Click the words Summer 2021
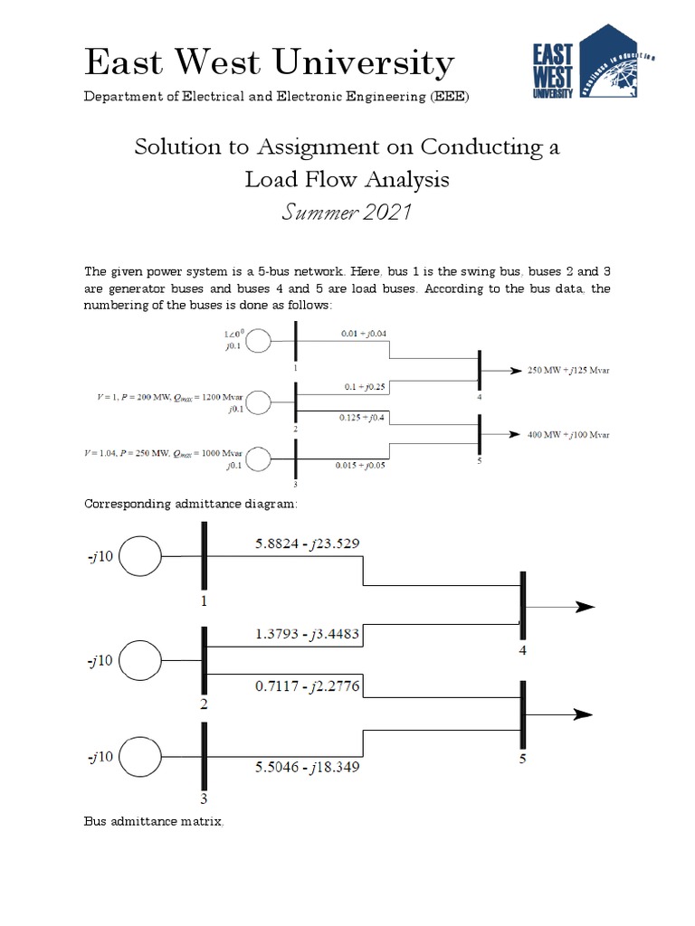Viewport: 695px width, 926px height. (x=347, y=213)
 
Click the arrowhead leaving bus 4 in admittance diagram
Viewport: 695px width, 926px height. (x=584, y=607)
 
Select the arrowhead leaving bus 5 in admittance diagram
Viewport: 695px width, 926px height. (x=584, y=714)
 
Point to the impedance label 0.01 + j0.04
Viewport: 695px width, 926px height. (x=366, y=334)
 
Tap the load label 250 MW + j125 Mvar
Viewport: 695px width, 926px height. (x=568, y=371)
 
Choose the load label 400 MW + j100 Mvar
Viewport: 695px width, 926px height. (x=568, y=435)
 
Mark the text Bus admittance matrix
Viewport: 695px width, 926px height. (x=153, y=821)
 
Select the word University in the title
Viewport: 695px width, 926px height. (x=365, y=63)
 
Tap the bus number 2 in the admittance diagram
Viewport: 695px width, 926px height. (x=205, y=704)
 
